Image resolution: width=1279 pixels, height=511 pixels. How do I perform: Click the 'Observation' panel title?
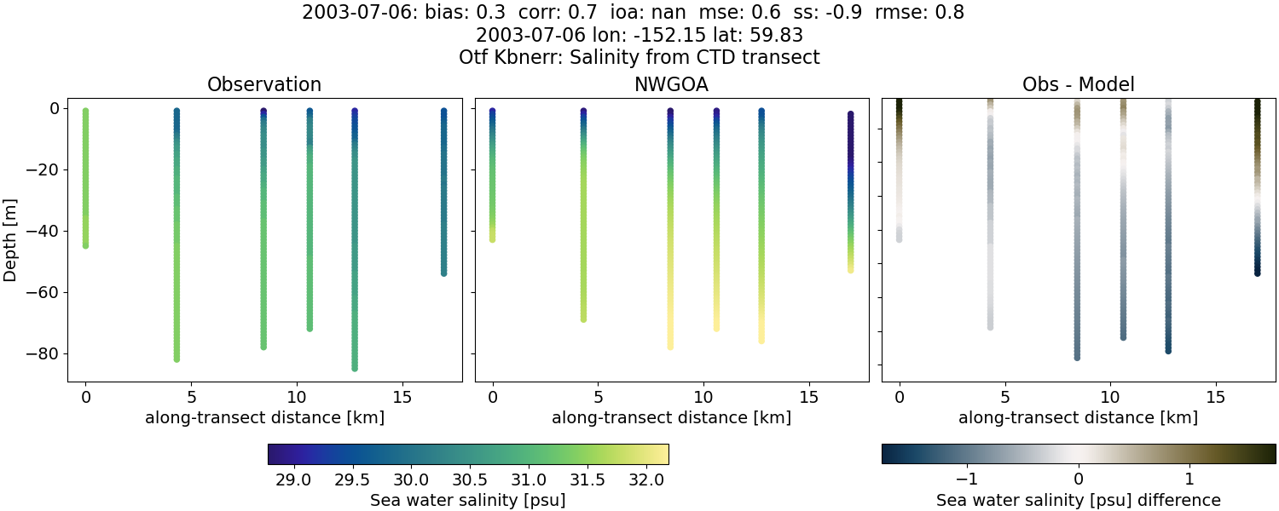coord(264,85)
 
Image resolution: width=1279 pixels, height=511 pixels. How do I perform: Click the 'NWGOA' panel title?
coord(671,85)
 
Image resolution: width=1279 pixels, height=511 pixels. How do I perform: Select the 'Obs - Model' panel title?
coord(1078,85)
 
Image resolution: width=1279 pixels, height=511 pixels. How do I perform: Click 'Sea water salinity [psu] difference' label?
coord(1078,500)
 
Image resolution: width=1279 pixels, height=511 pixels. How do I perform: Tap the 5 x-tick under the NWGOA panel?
coord(598,397)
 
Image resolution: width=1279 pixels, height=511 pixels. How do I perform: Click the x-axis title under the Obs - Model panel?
coord(1078,417)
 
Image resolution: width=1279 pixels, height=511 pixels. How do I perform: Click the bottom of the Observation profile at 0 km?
coord(85,245)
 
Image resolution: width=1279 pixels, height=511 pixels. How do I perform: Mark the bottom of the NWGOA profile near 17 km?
coord(850,269)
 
